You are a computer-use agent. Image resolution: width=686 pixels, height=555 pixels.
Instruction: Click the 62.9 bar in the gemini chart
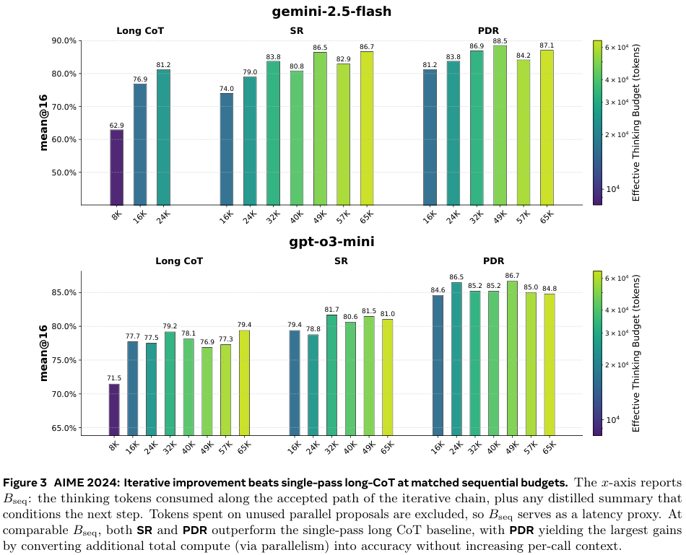pos(116,167)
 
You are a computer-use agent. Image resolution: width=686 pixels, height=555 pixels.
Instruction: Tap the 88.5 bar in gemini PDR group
pos(500,126)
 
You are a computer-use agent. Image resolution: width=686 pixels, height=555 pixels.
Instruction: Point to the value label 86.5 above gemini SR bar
pos(320,47)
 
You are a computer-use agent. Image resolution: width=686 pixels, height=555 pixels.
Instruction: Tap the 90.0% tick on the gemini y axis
pos(63,41)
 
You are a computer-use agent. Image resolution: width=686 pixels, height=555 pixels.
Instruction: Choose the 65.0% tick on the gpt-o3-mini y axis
pos(63,428)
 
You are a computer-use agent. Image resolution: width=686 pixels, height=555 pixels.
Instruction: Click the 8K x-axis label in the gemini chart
pos(116,216)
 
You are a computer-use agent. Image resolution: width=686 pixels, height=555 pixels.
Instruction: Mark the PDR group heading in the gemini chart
pos(489,30)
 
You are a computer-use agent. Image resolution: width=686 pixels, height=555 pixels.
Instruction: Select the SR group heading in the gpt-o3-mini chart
pos(341,261)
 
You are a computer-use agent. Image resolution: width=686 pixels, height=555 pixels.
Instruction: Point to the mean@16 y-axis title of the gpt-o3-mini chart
pos(45,353)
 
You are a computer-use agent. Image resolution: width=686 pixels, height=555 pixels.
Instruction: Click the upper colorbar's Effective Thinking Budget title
pos(636,122)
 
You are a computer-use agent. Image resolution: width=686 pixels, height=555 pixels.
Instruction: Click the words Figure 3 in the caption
pos(28,482)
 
